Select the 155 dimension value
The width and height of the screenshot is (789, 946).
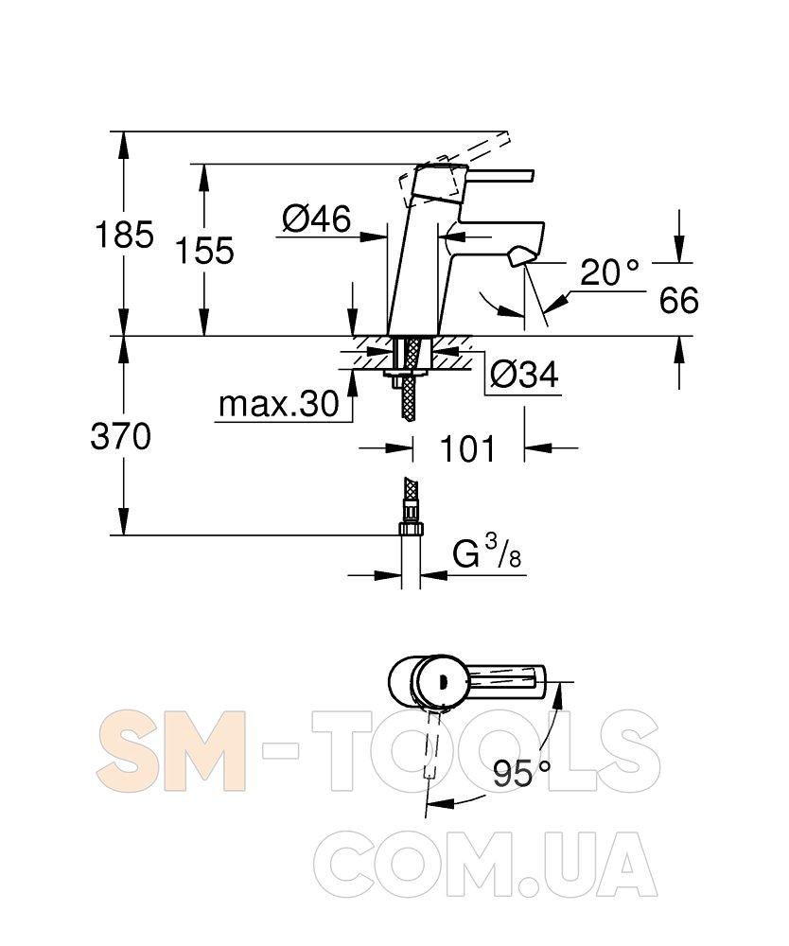pyautogui.click(x=204, y=251)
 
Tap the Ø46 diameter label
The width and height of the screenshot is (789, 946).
pyautogui.click(x=317, y=219)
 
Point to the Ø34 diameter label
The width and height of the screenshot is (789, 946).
pyautogui.click(x=524, y=375)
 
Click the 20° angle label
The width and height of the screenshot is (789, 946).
pyautogui.click(x=609, y=272)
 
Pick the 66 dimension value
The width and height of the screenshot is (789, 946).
pyautogui.click(x=678, y=300)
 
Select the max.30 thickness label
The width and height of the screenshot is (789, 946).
pyautogui.click(x=279, y=404)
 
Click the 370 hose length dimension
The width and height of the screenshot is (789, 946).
pyautogui.click(x=121, y=436)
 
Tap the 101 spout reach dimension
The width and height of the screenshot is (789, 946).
pyautogui.click(x=467, y=448)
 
